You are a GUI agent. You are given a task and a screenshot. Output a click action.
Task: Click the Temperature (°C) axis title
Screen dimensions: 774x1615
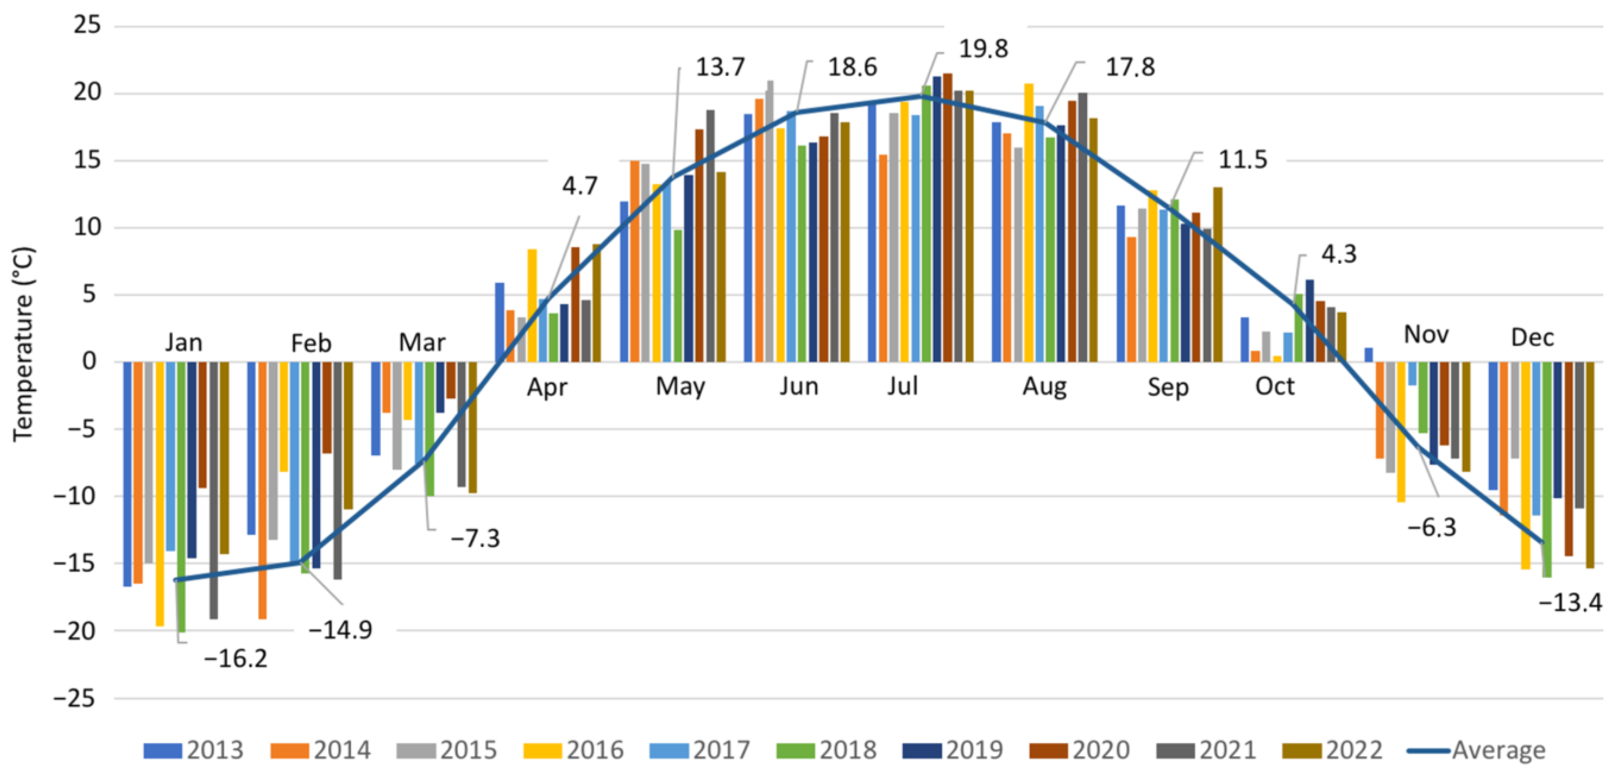[x=24, y=344]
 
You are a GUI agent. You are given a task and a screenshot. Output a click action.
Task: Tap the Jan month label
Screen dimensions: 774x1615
[x=184, y=342]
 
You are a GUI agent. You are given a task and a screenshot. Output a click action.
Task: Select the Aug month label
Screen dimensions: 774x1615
[x=1045, y=386]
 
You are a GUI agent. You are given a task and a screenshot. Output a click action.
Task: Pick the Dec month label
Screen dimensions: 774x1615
[x=1532, y=337]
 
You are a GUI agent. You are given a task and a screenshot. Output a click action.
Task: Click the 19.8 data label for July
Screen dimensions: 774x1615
[x=983, y=49]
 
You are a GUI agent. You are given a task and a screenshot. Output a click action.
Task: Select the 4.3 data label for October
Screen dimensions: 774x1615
[x=1339, y=254]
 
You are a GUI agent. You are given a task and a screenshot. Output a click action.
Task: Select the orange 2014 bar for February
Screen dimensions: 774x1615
[x=262, y=489]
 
